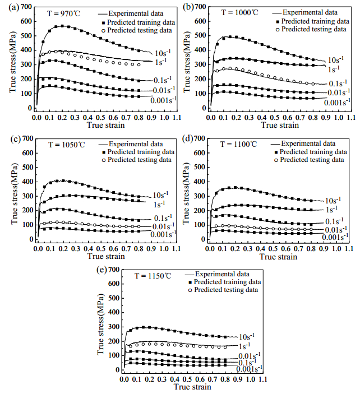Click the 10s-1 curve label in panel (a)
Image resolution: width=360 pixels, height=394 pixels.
pos(163,54)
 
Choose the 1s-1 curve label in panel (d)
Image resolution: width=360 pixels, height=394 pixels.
pos(333,208)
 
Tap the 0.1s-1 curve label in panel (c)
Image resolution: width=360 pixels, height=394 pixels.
pos(163,218)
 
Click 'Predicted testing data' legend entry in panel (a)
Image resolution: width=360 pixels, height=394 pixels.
pos(137,30)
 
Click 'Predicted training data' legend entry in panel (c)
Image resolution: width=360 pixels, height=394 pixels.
pos(136,151)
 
